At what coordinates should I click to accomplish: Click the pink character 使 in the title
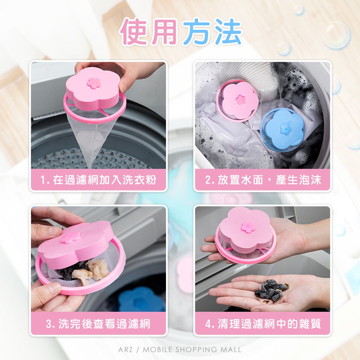[x=135, y=32]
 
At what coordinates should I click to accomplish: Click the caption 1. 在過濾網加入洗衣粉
[x=98, y=180]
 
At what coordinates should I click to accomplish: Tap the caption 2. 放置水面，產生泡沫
[x=263, y=180]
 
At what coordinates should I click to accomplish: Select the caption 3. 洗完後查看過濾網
[x=98, y=324]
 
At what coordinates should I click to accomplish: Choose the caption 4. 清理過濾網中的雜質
[x=263, y=324]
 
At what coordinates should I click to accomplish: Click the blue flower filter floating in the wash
[x=283, y=129]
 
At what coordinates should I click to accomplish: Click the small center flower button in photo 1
[x=94, y=83]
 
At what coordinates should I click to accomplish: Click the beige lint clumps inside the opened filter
[x=91, y=271]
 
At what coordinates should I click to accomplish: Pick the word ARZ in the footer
[x=125, y=350]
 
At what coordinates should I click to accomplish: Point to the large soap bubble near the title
[x=336, y=35]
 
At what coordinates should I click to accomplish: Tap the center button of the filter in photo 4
[x=248, y=227]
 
